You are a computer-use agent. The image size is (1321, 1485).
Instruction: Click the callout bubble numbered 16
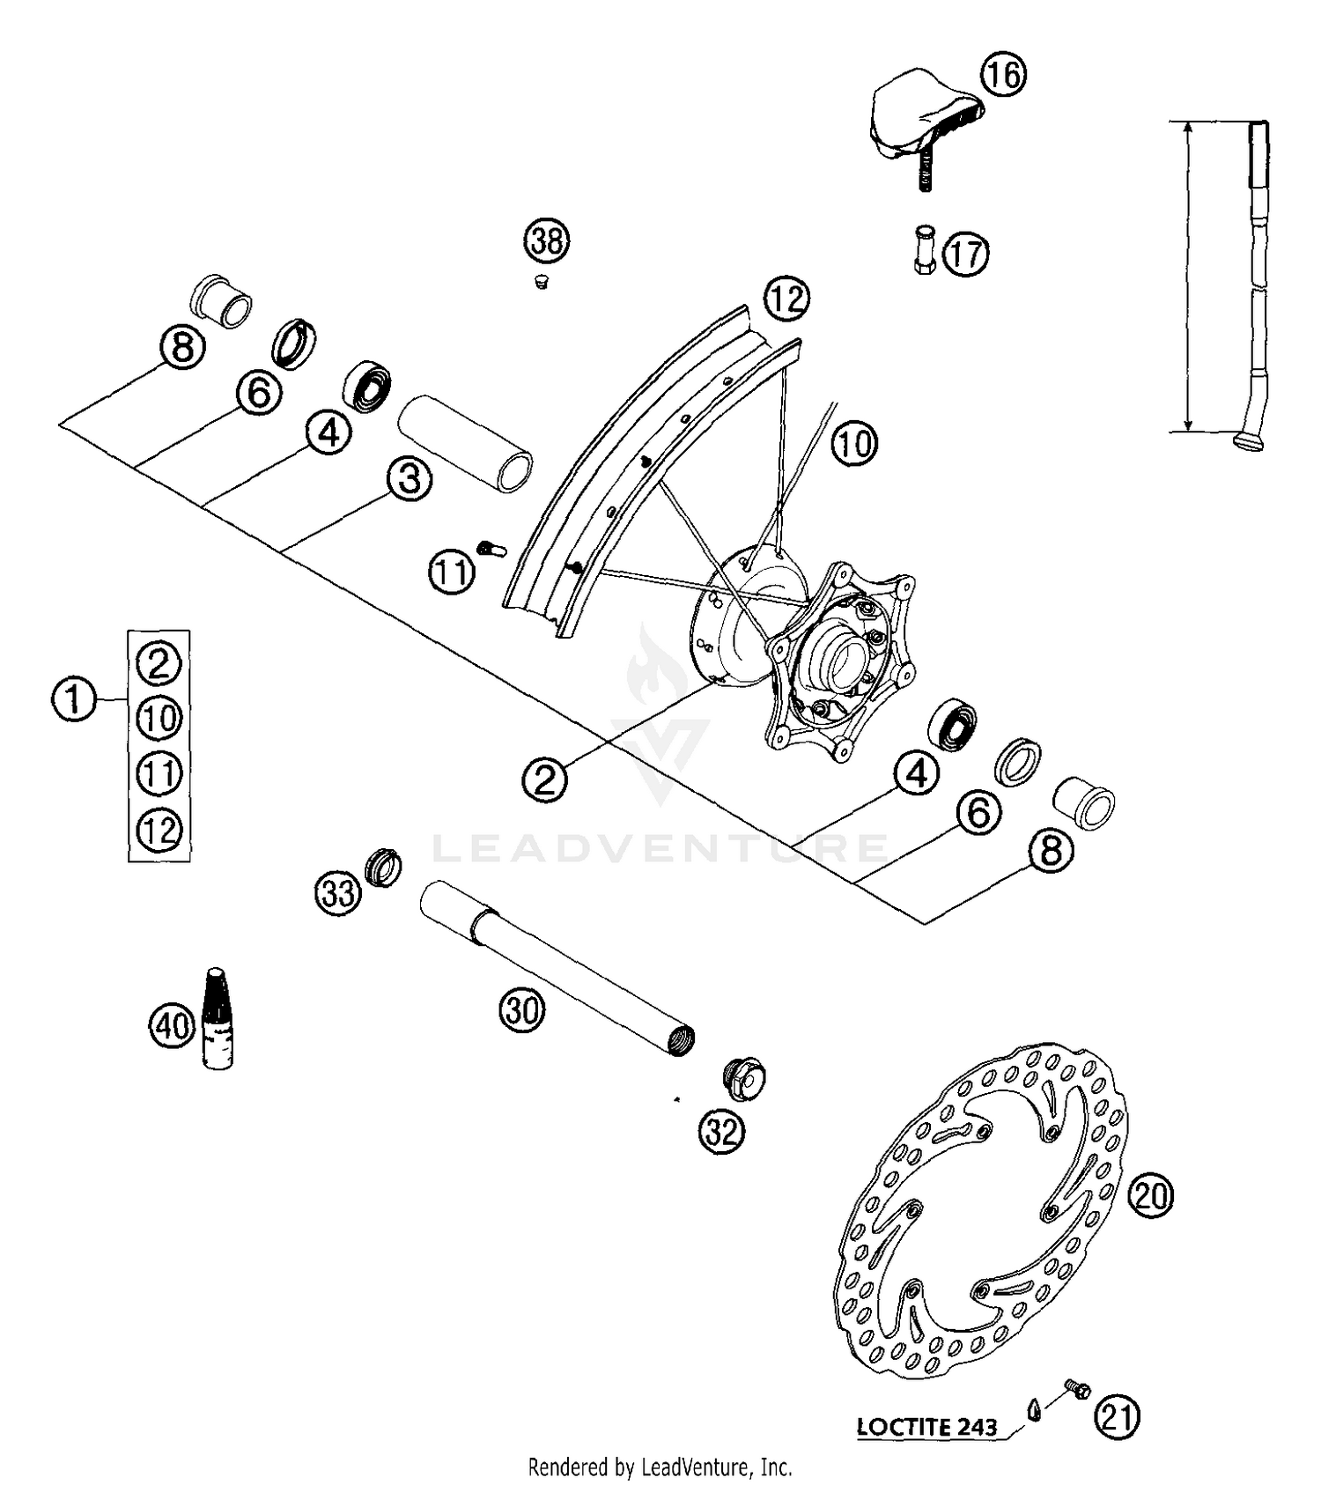[1004, 75]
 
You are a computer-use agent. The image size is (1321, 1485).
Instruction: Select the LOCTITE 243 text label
[926, 1427]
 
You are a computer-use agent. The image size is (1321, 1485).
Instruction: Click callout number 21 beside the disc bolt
[1117, 1417]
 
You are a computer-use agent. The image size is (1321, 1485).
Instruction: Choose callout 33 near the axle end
[338, 893]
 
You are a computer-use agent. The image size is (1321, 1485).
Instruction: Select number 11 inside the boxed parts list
[159, 774]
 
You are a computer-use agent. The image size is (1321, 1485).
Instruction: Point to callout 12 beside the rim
[786, 299]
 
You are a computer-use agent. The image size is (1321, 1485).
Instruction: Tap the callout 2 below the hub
[544, 779]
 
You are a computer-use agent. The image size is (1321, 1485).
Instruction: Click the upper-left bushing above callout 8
[223, 300]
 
